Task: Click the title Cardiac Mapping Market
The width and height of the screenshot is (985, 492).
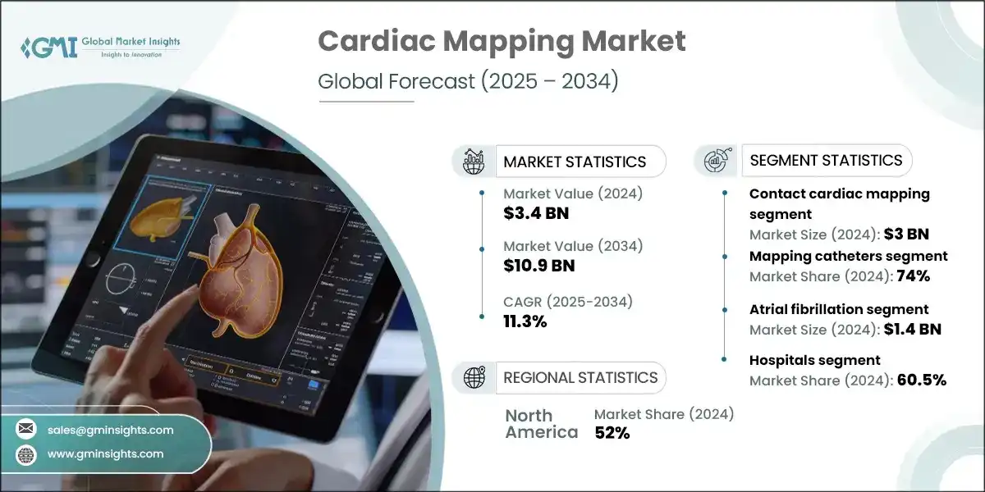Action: tap(502, 41)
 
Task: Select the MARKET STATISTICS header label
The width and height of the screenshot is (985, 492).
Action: tap(575, 162)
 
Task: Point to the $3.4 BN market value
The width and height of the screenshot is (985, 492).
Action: tap(536, 214)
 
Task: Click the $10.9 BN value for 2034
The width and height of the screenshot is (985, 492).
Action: tap(539, 265)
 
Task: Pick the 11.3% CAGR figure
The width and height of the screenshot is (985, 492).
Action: tap(525, 321)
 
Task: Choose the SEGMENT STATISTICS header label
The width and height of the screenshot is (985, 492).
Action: tap(827, 160)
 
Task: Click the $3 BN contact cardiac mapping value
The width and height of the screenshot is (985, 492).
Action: tap(906, 235)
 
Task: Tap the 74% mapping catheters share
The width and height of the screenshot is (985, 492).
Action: tap(913, 276)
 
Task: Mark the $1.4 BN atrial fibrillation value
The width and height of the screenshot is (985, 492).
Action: tap(914, 330)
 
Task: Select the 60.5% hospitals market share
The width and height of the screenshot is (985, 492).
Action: tap(921, 380)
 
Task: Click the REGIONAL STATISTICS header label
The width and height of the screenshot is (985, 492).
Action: tap(580, 377)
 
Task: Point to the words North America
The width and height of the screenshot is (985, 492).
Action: tap(541, 423)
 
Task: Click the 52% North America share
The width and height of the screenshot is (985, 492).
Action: tap(612, 433)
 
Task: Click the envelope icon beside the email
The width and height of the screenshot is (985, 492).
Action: tap(26, 430)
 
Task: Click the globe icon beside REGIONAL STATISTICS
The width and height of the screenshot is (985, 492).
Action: tap(474, 377)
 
